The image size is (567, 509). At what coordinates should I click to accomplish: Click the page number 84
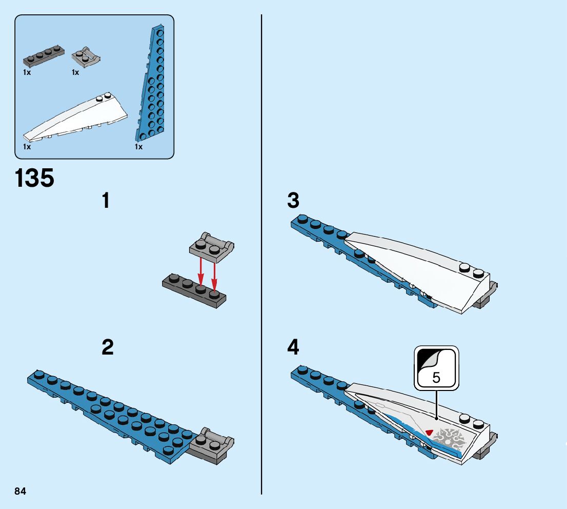(21, 492)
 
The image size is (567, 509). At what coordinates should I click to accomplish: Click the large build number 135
(34, 179)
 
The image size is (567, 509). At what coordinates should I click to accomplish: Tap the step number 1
(106, 201)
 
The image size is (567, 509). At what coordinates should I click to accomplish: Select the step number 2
(107, 348)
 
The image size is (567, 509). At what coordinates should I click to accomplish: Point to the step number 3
(293, 201)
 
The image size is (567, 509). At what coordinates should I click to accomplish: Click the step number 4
(293, 348)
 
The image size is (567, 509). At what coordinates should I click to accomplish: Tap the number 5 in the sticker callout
(436, 378)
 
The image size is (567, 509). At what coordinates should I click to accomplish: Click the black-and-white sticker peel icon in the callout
(428, 359)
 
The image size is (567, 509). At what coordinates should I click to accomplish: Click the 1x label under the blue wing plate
(138, 147)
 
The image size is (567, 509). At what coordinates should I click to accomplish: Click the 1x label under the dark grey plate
(27, 72)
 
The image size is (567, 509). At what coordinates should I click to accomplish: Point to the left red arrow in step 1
(201, 272)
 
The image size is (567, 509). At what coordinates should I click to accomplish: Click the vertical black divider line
(261, 257)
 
